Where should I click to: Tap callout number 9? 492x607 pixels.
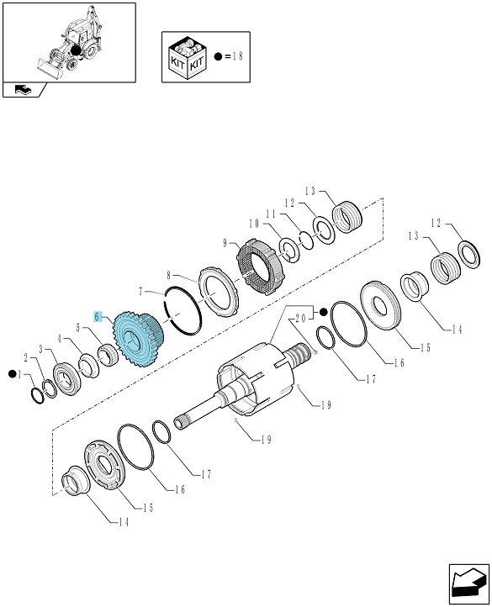click(225, 243)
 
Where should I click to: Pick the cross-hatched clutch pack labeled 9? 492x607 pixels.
click(261, 267)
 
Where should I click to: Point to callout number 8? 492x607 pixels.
click(168, 275)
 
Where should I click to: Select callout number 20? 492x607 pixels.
click(300, 318)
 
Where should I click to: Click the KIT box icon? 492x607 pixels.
click(188, 57)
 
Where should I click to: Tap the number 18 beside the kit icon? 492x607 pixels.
click(238, 56)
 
